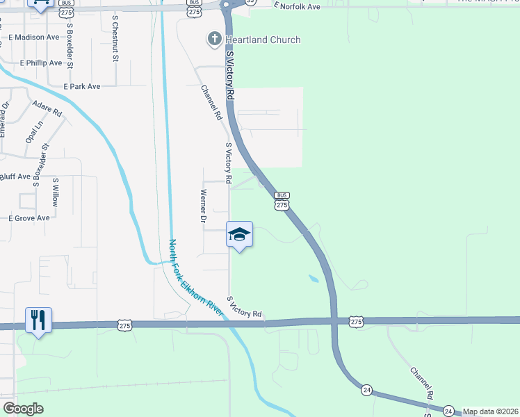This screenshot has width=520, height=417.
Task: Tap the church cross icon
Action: pyautogui.click(x=215, y=40)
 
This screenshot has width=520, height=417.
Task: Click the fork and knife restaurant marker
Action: pyautogui.click(x=38, y=320)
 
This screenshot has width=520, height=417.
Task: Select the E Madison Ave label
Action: pyautogui.click(x=34, y=37)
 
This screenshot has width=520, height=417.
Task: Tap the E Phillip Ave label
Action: pyautogui.click(x=41, y=63)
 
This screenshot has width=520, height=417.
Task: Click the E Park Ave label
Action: pyautogui.click(x=81, y=87)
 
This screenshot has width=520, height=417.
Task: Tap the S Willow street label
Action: pyautogui.click(x=56, y=192)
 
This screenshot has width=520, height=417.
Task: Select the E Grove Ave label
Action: pyautogui.click(x=29, y=218)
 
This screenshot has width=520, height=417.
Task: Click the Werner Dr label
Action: pyautogui.click(x=204, y=206)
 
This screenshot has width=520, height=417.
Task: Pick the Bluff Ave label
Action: pyautogui.click(x=15, y=177)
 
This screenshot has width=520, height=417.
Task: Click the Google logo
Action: pyautogui.click(x=23, y=409)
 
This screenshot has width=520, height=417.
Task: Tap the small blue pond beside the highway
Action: pyautogui.click(x=313, y=279)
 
